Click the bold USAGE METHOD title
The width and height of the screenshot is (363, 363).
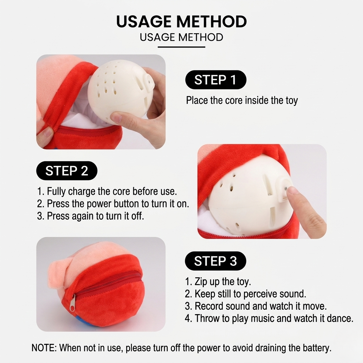181,21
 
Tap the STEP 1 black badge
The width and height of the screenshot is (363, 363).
216,80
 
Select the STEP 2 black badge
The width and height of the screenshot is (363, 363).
67,171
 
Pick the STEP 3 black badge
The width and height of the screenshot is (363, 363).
216,261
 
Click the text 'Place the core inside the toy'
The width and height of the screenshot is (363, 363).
242,100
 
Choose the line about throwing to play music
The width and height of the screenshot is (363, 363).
269,318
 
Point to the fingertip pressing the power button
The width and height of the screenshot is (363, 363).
293,192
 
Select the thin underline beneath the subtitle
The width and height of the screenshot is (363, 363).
181,47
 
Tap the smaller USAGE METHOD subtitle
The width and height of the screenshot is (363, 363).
181,37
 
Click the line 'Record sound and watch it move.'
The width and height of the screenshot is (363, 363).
256,306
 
